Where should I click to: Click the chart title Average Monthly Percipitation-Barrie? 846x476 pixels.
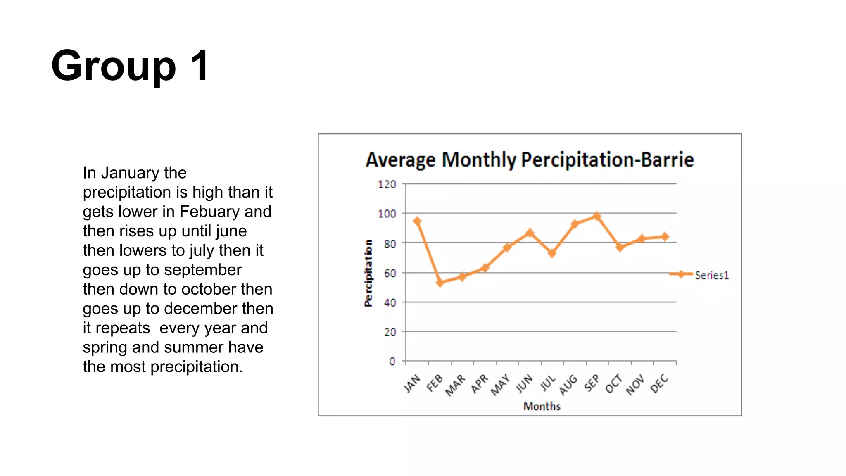tap(530, 160)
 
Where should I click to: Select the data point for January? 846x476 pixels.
tap(417, 221)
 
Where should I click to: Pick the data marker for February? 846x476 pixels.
tap(440, 283)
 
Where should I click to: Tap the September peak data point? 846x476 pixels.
tap(597, 216)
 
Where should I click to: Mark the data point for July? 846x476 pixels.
tap(552, 253)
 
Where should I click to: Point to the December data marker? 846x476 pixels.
tap(665, 237)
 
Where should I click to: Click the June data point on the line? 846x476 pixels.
tap(530, 233)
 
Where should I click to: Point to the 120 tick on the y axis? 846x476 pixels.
tap(387, 184)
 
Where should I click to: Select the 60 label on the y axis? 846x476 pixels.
tap(390, 274)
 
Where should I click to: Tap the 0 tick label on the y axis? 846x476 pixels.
tap(392, 362)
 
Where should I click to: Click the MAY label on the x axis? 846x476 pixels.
tap(500, 385)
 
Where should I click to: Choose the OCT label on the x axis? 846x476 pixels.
tap(613, 383)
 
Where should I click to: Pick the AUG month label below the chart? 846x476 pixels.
tap(568, 385)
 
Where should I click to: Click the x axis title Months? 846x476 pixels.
tap(542, 407)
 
